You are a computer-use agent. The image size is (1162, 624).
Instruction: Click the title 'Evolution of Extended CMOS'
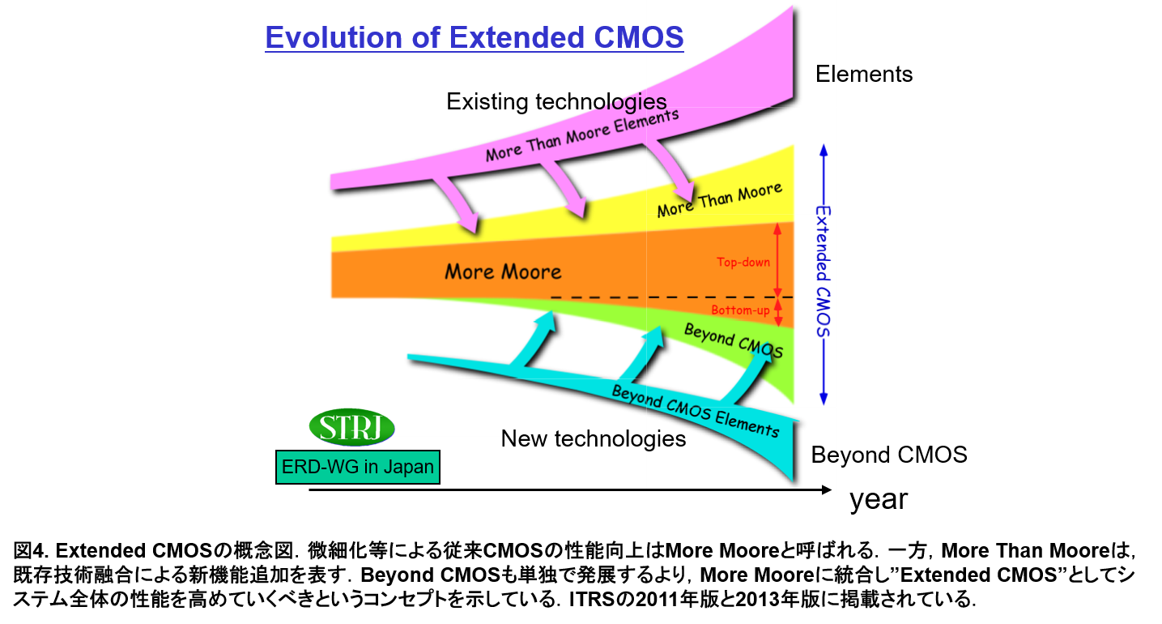pos(475,37)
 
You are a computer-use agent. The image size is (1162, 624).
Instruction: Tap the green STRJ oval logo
pos(351,427)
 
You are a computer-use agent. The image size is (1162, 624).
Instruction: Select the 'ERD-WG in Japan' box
pos(357,468)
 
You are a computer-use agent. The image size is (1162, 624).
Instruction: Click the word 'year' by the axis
pos(879,500)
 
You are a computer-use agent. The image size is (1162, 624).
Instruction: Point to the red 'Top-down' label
pos(743,263)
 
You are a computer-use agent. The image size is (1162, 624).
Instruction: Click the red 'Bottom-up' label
pos(740,310)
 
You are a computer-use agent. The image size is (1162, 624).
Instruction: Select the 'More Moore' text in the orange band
pos(503,271)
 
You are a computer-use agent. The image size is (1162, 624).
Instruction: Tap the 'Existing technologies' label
pos(556,101)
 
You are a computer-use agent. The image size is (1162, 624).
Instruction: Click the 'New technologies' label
pos(593,439)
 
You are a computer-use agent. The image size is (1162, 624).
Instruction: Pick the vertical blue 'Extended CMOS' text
pos(824,271)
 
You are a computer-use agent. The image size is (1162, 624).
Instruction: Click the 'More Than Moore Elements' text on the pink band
pos(582,135)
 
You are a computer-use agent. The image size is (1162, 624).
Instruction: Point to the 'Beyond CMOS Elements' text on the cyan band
pos(696,412)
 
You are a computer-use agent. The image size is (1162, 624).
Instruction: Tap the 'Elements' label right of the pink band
pos(864,75)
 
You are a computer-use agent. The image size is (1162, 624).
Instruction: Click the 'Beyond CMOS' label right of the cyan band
pos(888,455)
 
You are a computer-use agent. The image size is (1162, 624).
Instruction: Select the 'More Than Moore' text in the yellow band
pos(720,200)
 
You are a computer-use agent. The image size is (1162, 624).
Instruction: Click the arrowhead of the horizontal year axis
pos(827,489)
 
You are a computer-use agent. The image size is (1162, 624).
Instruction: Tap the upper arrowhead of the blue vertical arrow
pos(824,149)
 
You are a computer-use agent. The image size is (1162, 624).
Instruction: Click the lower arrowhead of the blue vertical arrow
pos(824,400)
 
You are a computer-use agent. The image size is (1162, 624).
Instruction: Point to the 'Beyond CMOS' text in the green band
pos(733,340)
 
